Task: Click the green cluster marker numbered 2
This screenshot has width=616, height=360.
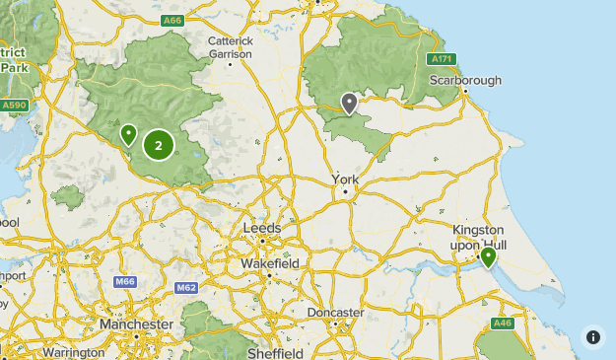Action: [159, 146]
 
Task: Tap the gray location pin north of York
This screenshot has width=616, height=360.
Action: [349, 103]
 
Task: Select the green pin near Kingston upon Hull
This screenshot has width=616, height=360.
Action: [488, 257]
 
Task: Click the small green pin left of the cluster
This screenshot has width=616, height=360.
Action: [128, 134]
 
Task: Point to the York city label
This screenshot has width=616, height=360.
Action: [346, 180]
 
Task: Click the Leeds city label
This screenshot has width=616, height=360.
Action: [262, 228]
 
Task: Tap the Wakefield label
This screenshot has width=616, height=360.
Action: [270, 264]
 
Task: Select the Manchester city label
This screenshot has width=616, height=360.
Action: [136, 324]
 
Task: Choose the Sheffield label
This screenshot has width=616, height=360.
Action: [275, 352]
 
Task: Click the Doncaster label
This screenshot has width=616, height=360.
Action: [335, 313]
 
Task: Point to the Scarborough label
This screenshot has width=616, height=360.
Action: [465, 80]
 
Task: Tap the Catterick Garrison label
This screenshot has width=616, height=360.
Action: [231, 47]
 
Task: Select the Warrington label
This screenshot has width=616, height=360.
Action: [74, 352]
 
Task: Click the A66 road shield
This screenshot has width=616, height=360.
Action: [173, 20]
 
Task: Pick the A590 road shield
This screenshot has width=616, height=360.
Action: [14, 105]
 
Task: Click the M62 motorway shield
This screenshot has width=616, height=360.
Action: [186, 287]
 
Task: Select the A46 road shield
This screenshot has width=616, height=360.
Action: [503, 323]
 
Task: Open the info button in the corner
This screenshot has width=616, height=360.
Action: [592, 336]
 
